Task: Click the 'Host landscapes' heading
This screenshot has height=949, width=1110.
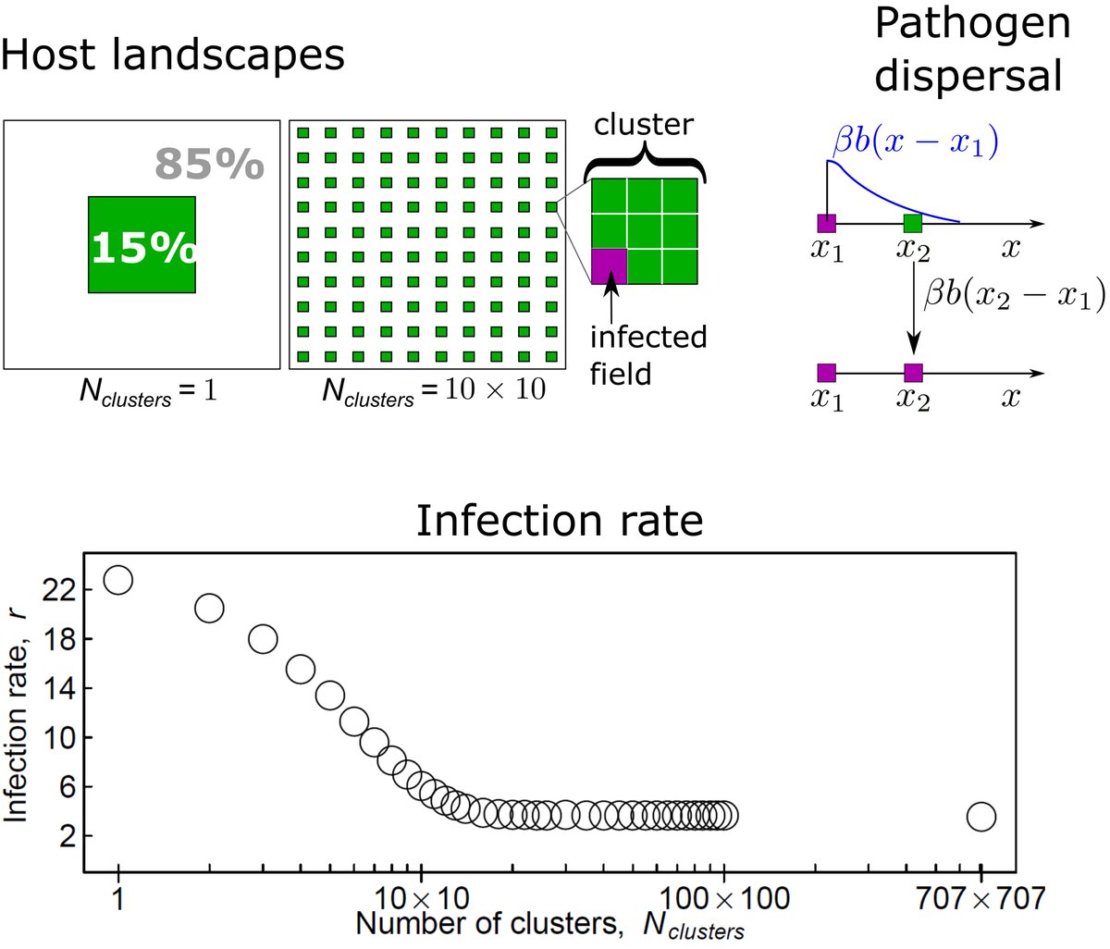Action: (x=173, y=55)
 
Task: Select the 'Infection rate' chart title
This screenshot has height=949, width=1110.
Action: (x=559, y=520)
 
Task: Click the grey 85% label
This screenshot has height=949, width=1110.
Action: (x=209, y=164)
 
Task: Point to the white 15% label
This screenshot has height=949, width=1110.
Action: (x=142, y=247)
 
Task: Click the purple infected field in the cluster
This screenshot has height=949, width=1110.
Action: (x=609, y=266)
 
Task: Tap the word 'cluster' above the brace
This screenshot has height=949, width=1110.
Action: (x=643, y=124)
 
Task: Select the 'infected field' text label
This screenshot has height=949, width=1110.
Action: (x=647, y=354)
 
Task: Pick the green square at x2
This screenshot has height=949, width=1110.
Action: (x=912, y=223)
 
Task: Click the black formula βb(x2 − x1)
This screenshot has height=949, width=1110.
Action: (x=1015, y=296)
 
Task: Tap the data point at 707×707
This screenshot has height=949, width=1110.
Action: (x=980, y=817)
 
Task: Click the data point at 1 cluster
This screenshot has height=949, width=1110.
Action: (x=118, y=580)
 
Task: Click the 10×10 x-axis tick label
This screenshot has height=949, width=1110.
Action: (x=421, y=897)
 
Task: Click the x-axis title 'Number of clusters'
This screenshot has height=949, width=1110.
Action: (x=549, y=924)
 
